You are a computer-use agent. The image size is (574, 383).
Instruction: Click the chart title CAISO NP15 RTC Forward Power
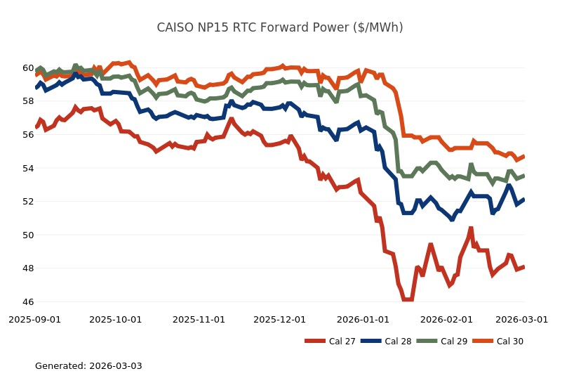(x=279, y=27)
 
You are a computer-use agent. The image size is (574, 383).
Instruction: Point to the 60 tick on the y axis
(x=27, y=68)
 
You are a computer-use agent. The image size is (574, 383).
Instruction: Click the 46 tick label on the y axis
(x=27, y=302)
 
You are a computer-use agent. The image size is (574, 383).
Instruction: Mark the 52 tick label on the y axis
(x=27, y=202)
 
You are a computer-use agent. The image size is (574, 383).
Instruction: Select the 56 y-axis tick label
(x=27, y=135)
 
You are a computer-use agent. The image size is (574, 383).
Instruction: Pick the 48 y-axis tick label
(x=27, y=268)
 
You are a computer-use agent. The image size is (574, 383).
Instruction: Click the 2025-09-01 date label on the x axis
(x=34, y=319)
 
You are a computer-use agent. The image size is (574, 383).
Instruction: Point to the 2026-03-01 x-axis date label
(x=521, y=319)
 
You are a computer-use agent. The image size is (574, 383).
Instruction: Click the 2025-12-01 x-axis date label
(x=279, y=319)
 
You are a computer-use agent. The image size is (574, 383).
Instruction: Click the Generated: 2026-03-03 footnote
(x=88, y=366)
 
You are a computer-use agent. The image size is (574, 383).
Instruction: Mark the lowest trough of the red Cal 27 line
(x=408, y=299)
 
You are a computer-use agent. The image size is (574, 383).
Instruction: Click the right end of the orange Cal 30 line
(x=524, y=156)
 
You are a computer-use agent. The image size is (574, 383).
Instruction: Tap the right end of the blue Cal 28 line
(x=524, y=199)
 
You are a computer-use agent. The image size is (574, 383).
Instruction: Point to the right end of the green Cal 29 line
(x=524, y=176)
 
